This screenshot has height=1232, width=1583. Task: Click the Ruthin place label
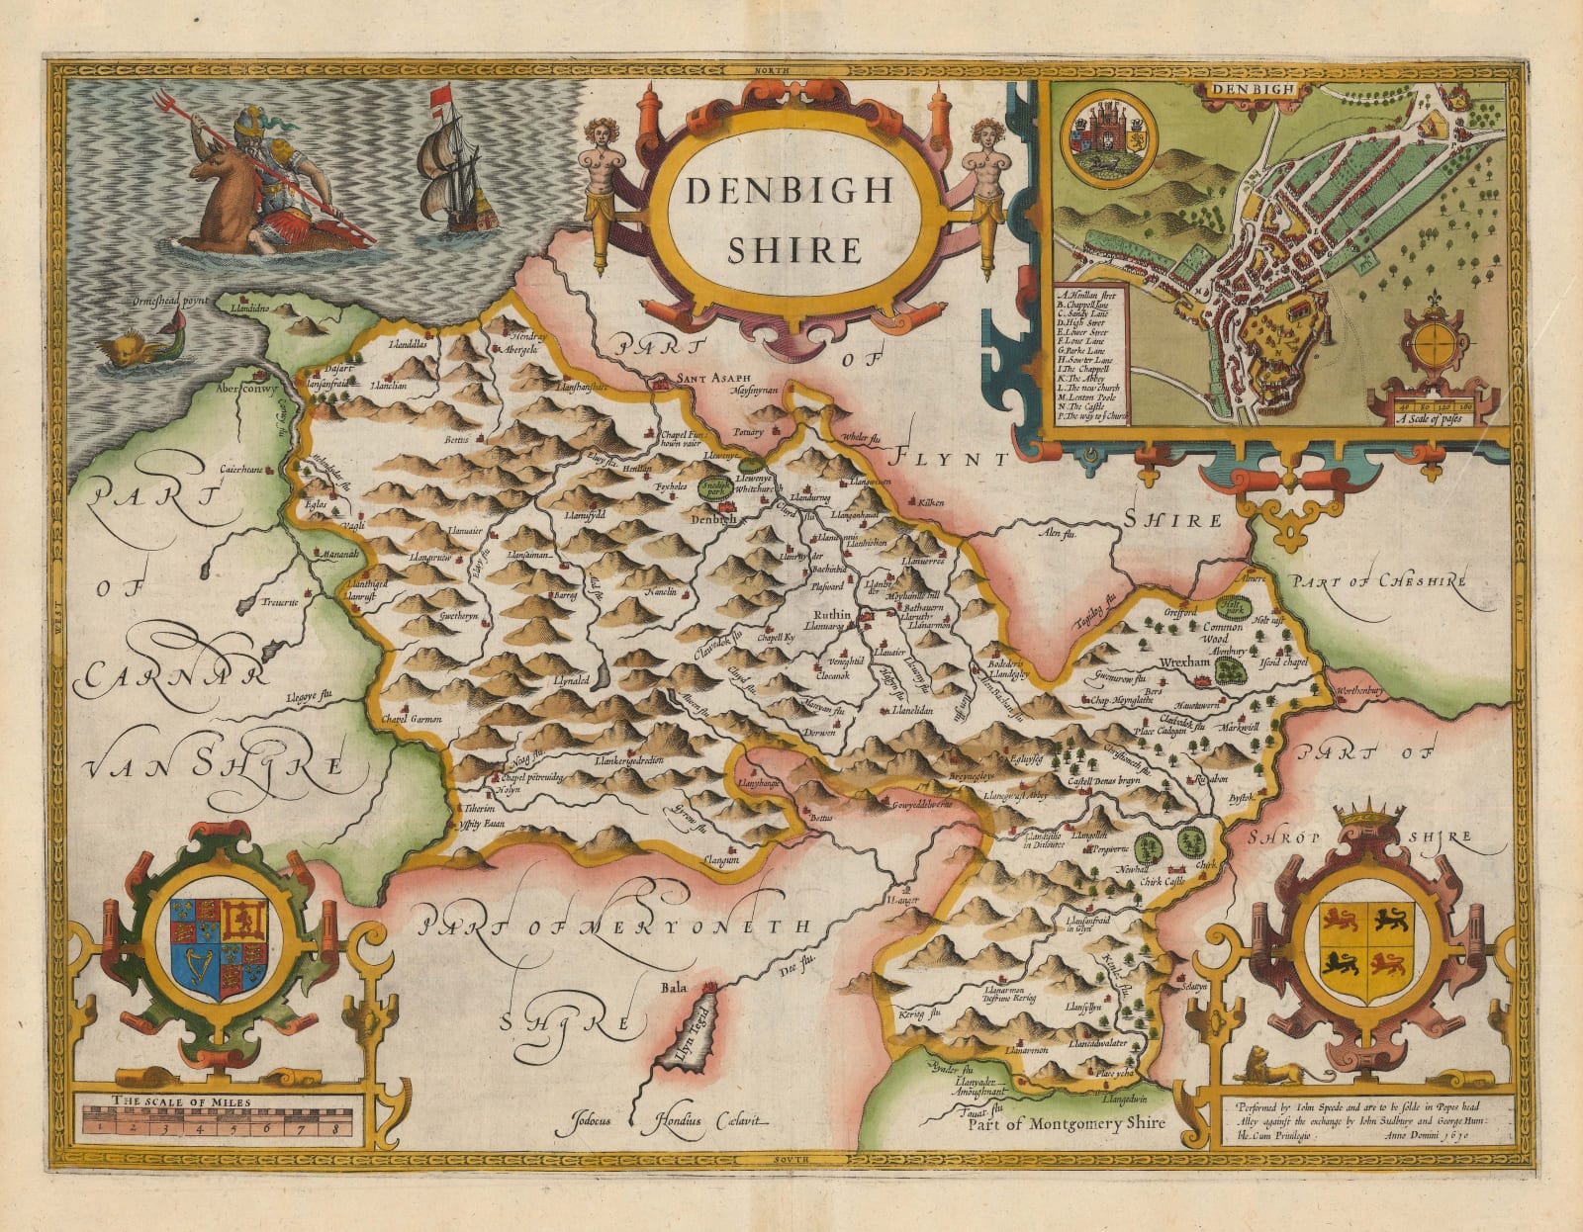tap(829, 613)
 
